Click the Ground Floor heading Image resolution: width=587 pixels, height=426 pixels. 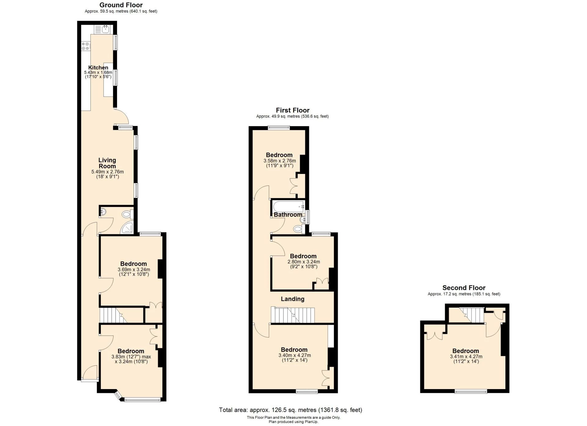pos(121,5)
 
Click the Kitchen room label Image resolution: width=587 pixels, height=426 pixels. pos(98,67)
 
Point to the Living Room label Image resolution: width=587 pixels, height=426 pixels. pos(107,163)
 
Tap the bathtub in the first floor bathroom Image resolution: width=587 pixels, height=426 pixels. pos(288,207)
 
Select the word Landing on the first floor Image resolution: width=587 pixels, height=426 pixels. pos(293,299)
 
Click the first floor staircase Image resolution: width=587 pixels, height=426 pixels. pos(293,315)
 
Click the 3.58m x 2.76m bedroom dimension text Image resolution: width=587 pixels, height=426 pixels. pos(279,161)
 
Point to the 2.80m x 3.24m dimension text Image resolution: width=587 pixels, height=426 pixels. pos(304,262)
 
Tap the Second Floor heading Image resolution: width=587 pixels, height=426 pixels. pos(463,287)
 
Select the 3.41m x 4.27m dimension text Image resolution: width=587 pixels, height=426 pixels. pos(466,356)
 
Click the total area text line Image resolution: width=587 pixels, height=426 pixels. pos(290,410)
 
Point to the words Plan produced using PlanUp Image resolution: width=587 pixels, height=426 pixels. pos(293,422)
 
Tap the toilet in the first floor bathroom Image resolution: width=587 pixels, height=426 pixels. pos(297,229)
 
